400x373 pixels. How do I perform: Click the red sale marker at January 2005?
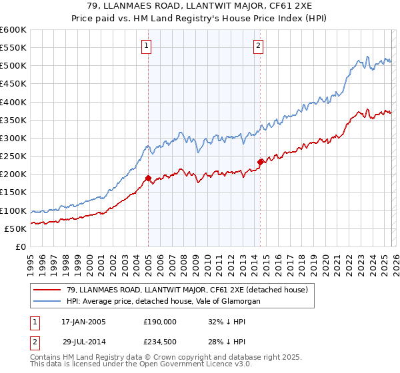pos(148,178)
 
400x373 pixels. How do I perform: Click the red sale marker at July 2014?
pos(260,162)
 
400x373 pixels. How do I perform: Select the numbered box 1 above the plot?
pos(145,46)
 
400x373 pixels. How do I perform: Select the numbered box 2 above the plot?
pos(258,46)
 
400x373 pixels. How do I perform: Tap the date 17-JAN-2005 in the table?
pos(83,321)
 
